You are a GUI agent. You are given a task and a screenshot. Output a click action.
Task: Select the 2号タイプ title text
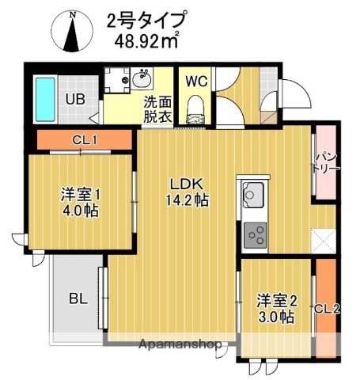(x=146, y=19)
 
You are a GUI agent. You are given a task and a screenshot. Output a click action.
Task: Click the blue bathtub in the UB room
(x=44, y=98)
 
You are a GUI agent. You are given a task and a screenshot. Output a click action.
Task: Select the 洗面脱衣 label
(x=156, y=108)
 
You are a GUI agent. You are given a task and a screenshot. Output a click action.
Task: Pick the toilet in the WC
(x=195, y=109)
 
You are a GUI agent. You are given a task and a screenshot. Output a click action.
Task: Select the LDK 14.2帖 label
(x=188, y=192)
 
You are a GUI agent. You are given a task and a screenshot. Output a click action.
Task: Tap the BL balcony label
(x=77, y=298)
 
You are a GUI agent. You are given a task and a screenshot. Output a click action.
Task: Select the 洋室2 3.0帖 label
(x=276, y=308)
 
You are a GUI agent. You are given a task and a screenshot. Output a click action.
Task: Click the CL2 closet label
(x=326, y=308)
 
